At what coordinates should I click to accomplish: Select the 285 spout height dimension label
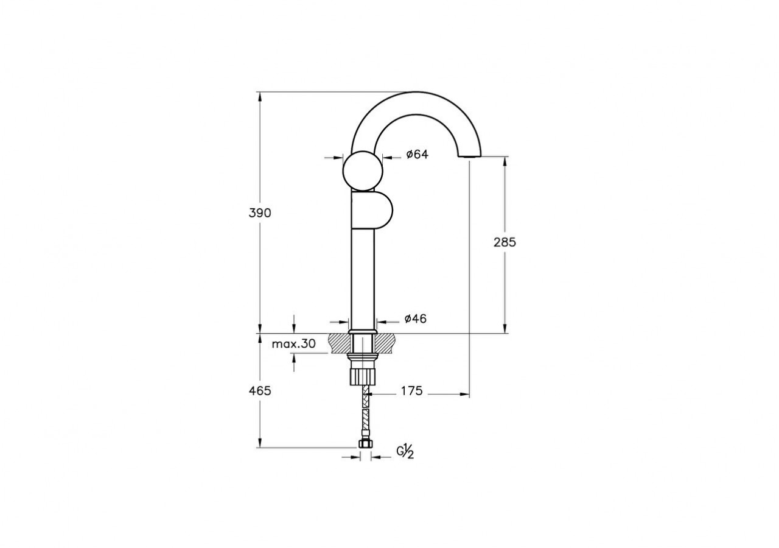(x=505, y=242)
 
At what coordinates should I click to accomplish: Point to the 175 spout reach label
(x=411, y=391)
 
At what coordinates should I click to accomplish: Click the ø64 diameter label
(x=417, y=155)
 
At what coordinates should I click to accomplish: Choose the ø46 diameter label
(x=416, y=318)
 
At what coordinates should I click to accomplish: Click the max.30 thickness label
(x=293, y=344)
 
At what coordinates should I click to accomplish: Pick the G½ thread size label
(x=406, y=452)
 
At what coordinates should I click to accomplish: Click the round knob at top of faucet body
(x=363, y=170)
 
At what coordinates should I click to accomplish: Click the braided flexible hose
(x=365, y=411)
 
